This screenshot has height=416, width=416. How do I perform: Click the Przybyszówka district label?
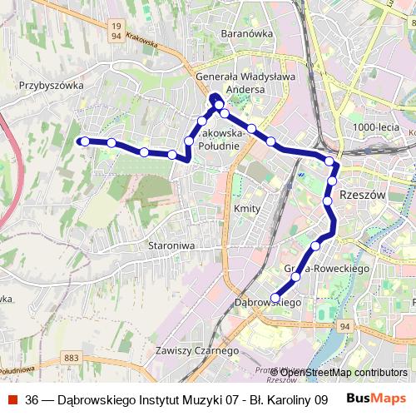(x=52, y=85)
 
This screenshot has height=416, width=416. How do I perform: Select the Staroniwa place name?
(x=171, y=245)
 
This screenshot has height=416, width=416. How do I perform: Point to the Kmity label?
(x=248, y=208)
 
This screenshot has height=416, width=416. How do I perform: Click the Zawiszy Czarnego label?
(x=192, y=350)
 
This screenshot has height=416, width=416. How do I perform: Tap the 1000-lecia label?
(x=375, y=126)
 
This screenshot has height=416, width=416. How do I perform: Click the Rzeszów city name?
(x=364, y=193)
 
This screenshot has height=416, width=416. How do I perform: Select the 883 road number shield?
(x=71, y=358)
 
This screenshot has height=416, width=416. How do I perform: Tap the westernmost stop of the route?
(x=84, y=141)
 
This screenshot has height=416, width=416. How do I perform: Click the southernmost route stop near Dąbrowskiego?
(x=275, y=297)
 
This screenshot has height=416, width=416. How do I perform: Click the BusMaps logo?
(x=375, y=399)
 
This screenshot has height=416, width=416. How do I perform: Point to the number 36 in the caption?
(x=32, y=399)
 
